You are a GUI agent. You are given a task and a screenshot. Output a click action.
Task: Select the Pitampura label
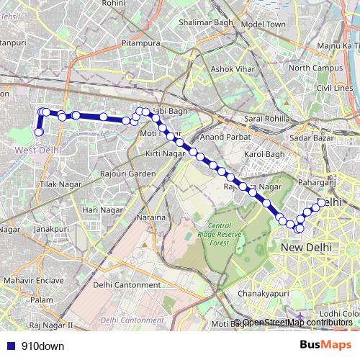click(140, 44)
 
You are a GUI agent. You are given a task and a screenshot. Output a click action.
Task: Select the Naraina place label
click(152, 217)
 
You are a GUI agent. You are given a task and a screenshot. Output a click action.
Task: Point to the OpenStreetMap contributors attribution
click(297, 322)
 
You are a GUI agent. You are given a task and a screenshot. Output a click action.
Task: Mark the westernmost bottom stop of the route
click(39, 132)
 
